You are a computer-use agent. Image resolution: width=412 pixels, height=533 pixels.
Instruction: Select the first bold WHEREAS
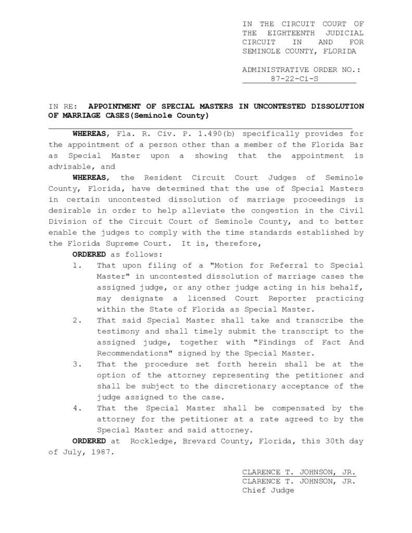[x=91, y=134]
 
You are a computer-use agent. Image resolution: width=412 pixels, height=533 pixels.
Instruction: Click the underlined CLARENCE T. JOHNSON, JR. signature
[x=298, y=472]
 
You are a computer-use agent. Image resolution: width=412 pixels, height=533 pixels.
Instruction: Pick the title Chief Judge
[x=268, y=490]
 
